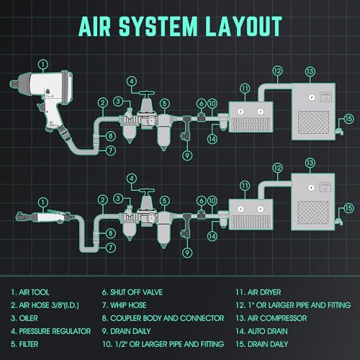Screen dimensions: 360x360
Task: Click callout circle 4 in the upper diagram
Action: click(132, 81)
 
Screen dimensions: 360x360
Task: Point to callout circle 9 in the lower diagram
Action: click(187, 253)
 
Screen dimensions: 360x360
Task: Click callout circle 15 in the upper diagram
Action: click(348, 119)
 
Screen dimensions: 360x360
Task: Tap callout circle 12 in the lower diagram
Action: click(277, 168)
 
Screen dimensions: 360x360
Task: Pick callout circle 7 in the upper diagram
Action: click(111, 150)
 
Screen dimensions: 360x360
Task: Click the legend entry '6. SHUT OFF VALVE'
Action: click(132, 292)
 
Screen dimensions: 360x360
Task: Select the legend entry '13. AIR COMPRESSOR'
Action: click(271, 318)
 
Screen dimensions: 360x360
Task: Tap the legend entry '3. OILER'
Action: click(24, 318)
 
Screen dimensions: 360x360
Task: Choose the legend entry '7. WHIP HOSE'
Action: click(124, 305)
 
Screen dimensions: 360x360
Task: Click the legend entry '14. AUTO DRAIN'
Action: click(261, 331)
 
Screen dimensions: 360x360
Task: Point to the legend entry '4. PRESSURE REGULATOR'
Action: click(51, 331)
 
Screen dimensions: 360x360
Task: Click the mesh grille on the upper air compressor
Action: click(313, 122)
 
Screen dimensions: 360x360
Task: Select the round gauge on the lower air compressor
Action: click(311, 187)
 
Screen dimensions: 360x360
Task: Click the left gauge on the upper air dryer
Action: click(240, 112)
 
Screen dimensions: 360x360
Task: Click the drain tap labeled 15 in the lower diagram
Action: click(340, 221)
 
